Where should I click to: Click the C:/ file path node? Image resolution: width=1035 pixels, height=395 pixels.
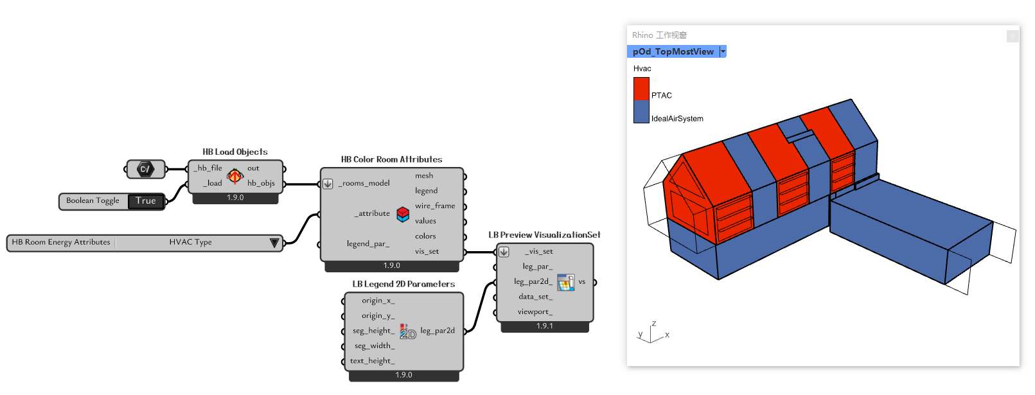click(x=145, y=169)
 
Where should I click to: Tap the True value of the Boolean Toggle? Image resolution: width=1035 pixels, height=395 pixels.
click(x=146, y=201)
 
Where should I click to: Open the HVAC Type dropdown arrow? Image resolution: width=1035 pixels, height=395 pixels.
click(x=274, y=243)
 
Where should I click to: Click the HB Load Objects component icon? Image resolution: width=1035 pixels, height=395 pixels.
click(x=235, y=176)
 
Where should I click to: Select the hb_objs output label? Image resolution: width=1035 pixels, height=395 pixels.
click(x=261, y=184)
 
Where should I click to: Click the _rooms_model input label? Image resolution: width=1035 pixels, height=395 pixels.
click(x=364, y=184)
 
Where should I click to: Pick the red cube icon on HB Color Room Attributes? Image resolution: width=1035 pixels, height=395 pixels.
click(x=403, y=214)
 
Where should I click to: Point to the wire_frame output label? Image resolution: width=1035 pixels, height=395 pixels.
click(x=435, y=206)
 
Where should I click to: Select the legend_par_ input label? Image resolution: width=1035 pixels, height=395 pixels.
click(x=368, y=244)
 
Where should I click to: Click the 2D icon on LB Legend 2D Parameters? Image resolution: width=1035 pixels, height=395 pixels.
click(x=408, y=331)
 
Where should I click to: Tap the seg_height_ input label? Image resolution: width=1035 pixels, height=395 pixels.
click(x=374, y=331)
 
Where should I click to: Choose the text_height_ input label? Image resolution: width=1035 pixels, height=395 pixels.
click(x=373, y=361)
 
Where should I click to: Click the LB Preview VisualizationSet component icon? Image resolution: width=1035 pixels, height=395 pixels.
click(x=565, y=282)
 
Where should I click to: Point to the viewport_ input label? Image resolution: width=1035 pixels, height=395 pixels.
click(x=535, y=312)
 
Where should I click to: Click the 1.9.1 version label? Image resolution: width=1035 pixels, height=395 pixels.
click(x=545, y=326)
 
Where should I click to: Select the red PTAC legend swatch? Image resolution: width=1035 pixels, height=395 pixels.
click(x=641, y=89)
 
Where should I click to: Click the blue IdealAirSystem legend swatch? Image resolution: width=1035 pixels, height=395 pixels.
click(x=641, y=112)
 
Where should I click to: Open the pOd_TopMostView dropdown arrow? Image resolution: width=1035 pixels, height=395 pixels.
click(x=723, y=52)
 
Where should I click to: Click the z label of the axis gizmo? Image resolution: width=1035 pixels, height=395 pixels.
click(x=654, y=324)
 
